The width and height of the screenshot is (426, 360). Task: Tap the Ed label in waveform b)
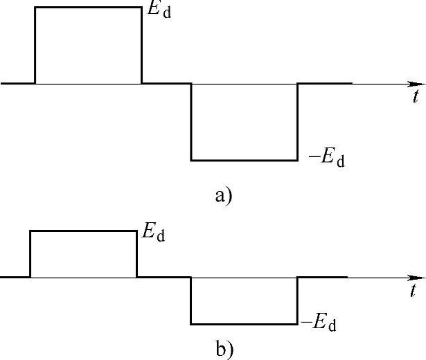[153, 233]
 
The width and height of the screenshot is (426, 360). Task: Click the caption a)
[223, 196]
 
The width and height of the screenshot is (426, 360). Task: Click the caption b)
[224, 349]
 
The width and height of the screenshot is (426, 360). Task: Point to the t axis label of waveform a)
[415, 97]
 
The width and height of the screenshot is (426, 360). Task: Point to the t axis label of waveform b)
[414, 289]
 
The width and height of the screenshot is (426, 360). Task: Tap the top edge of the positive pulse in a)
[88, 8]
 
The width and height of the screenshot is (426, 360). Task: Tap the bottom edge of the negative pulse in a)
[244, 161]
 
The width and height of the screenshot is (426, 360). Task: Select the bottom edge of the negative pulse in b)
[244, 324]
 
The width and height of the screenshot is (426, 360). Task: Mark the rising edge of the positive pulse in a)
[35, 45]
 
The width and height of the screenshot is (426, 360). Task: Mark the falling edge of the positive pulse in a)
[141, 45]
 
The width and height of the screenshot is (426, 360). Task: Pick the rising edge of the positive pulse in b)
[30, 254]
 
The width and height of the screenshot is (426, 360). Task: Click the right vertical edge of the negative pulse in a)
[297, 122]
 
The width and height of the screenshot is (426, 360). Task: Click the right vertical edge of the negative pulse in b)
[297, 300]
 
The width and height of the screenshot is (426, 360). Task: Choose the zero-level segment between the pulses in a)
[166, 84]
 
